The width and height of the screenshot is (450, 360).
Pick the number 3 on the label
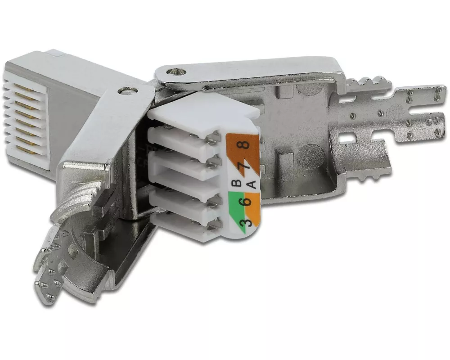click(x=246, y=222)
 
